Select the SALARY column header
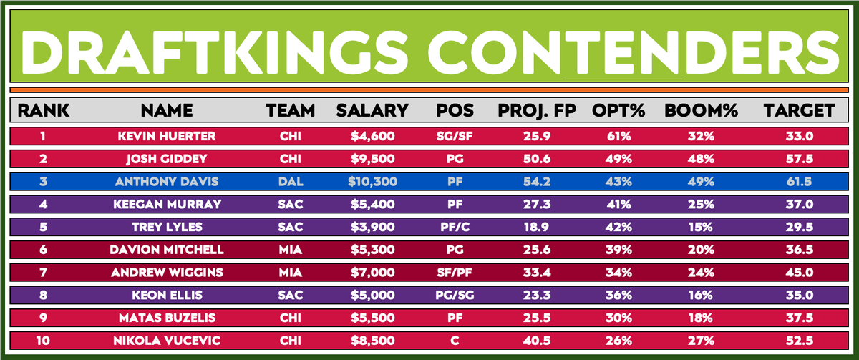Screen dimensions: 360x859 point(372,110)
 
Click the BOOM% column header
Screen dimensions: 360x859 point(692,110)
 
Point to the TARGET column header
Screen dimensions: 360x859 point(798,110)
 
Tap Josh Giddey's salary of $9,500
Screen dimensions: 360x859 point(372,159)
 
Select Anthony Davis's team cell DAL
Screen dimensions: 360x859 point(290,182)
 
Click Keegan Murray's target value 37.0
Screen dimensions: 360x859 point(798,204)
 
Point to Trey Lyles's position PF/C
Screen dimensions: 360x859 point(452,227)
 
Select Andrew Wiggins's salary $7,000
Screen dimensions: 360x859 point(372,272)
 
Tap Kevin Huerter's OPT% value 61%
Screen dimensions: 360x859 point(618,137)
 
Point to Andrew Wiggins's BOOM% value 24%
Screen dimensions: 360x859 point(692,272)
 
